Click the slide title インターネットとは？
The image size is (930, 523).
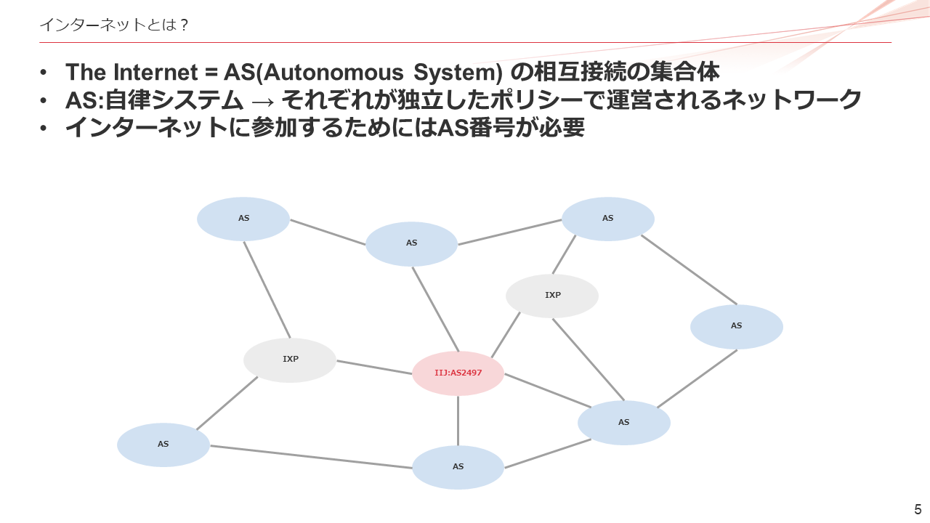114,25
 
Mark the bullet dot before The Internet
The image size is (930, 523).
45,73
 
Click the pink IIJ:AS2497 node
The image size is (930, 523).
458,373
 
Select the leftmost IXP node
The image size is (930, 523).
290,360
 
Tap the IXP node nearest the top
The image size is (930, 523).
552,296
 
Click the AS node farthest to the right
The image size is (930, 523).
736,326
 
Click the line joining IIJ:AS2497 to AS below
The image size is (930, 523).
458,421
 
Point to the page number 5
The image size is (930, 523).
918,508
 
